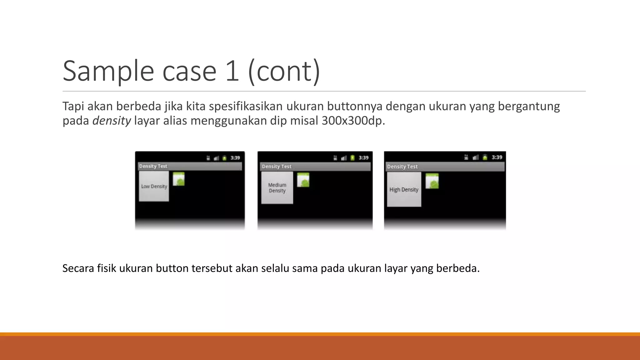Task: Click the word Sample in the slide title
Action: pos(108,71)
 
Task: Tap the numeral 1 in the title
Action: pos(232,71)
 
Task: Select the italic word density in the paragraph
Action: pos(112,121)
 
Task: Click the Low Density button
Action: pos(154,187)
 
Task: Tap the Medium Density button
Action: pos(277,188)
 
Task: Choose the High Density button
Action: pos(404,190)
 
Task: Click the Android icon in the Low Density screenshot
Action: pos(179,179)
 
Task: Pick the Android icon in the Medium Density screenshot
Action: pos(303,180)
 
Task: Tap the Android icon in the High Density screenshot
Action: pos(432,181)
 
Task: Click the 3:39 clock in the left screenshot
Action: pos(235,158)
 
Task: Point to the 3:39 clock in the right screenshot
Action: pos(497,157)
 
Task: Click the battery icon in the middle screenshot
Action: pos(352,158)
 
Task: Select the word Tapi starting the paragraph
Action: pos(73,107)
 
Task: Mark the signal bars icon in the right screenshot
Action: pos(476,157)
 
